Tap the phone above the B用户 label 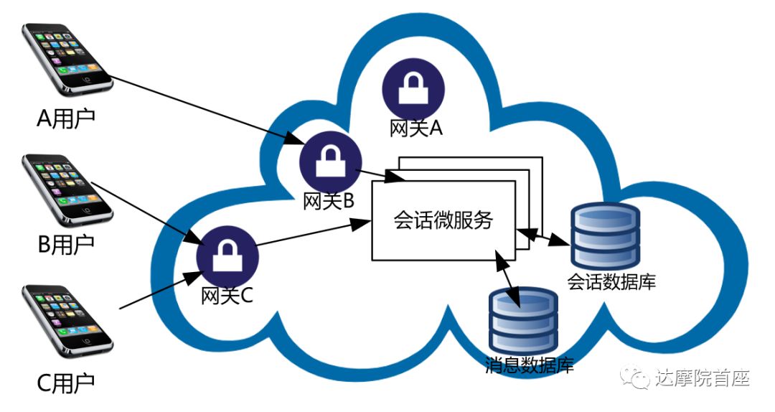[x=67, y=187]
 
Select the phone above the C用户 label [x=67, y=319]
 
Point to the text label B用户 [x=66, y=245]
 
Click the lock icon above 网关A [x=413, y=90]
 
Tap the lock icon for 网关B [x=330, y=161]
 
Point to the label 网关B [x=329, y=202]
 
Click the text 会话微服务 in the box [x=443, y=220]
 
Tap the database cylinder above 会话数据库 [x=604, y=233]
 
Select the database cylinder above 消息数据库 [x=523, y=320]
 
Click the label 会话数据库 [x=611, y=281]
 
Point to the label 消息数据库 [x=530, y=366]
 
